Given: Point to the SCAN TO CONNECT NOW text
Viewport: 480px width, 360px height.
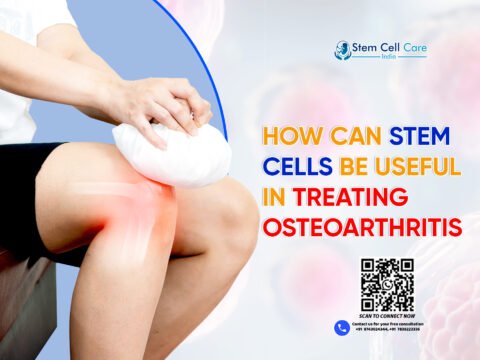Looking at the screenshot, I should pyautogui.click(x=387, y=317).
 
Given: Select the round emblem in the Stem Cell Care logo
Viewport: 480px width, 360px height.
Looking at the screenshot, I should pyautogui.click(x=342, y=47).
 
